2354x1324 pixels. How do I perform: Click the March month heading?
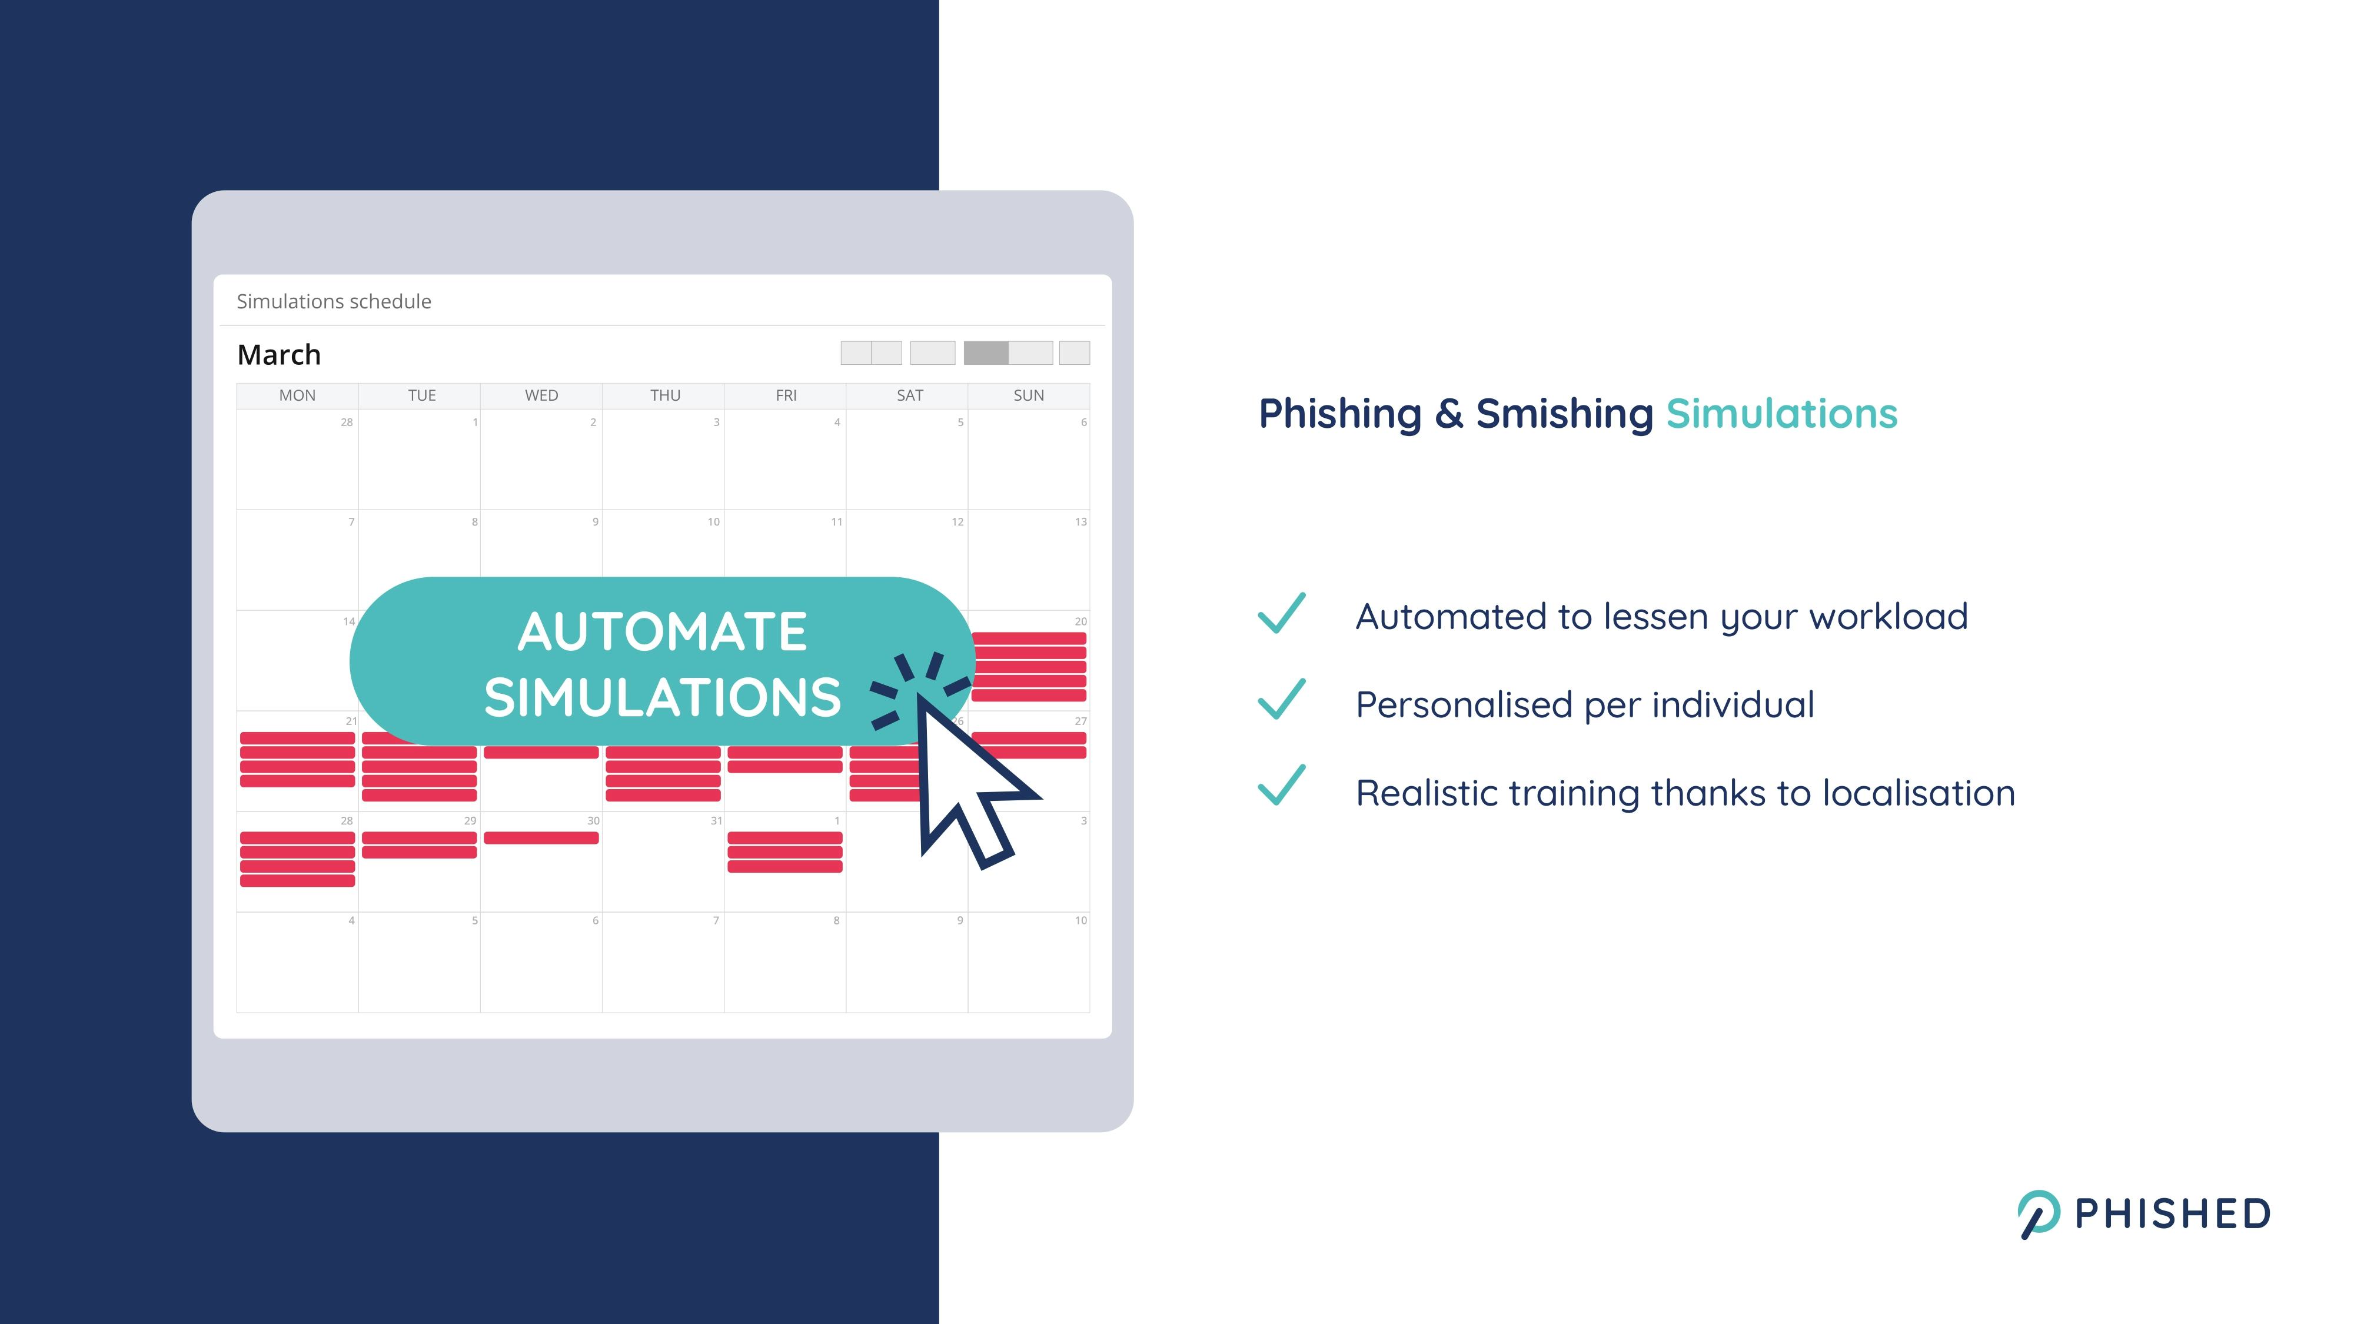(x=279, y=354)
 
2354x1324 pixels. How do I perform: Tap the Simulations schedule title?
(x=334, y=301)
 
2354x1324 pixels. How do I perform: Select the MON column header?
(x=297, y=395)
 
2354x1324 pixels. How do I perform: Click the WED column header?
(x=541, y=395)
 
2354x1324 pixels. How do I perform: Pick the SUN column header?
(x=1028, y=395)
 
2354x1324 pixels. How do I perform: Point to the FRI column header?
(x=786, y=395)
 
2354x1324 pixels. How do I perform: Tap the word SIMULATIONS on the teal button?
(x=663, y=697)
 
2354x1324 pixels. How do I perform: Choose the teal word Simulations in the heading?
(x=1782, y=413)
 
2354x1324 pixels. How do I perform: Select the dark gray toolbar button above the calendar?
(x=986, y=352)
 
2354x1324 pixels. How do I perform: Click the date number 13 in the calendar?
(x=1080, y=522)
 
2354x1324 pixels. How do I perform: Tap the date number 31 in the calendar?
(x=716, y=820)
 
